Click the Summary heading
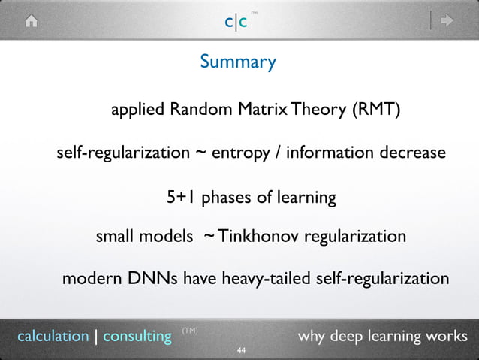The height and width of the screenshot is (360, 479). tap(238, 62)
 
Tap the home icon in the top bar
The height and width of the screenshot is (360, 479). tap(32, 21)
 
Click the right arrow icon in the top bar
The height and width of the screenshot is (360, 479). tap(447, 21)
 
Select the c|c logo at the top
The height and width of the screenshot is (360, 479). tap(236, 22)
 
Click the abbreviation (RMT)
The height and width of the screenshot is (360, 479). tap(375, 110)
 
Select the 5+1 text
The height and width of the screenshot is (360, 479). tap(181, 198)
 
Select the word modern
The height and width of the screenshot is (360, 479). tap(88, 279)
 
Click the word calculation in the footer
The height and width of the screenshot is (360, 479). tap(53, 336)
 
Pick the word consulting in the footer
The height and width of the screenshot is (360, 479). tap(137, 336)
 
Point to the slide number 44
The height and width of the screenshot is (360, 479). tap(241, 351)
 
